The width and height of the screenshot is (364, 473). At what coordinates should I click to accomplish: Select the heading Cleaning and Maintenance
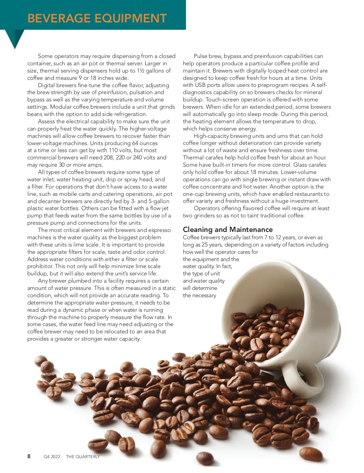[227, 230]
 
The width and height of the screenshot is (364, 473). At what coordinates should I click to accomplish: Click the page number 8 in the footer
[29, 456]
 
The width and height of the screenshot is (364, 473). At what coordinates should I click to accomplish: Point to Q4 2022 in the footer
[52, 457]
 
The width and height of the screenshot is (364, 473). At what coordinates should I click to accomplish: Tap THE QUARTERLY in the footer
[83, 457]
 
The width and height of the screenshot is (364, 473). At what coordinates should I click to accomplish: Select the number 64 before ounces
[135, 143]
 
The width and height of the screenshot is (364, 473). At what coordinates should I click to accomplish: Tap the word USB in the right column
[201, 85]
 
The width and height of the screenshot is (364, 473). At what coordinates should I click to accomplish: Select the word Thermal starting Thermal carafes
[193, 158]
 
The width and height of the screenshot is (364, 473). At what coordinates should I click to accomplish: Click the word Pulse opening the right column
[201, 56]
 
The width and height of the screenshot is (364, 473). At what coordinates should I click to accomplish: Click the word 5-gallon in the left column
[159, 201]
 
